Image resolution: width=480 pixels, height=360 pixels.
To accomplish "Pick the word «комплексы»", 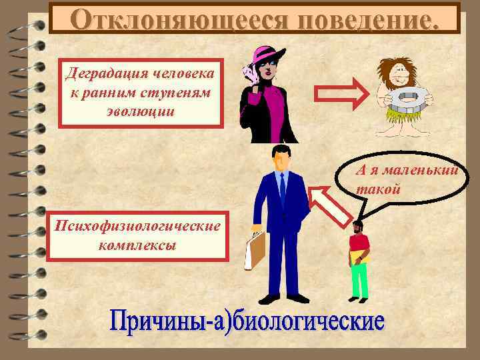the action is [137, 245].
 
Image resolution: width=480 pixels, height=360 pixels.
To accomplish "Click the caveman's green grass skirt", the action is [406, 127].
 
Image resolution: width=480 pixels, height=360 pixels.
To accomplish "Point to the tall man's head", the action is [280, 158].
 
